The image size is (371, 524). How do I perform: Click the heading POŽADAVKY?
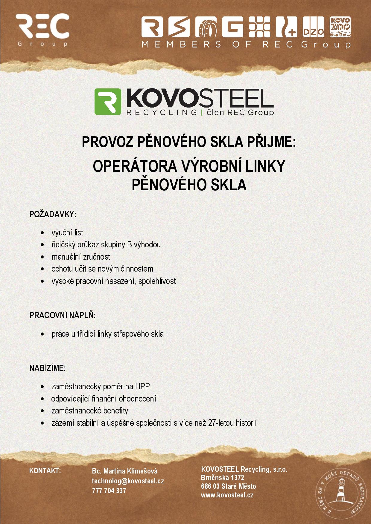[53, 214]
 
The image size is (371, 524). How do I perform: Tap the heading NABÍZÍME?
[47, 368]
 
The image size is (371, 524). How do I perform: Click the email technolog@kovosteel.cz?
[128, 481]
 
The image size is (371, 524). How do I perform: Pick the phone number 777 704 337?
[109, 491]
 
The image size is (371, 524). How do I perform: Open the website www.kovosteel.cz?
[227, 495]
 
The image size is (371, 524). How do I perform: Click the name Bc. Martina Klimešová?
[124, 471]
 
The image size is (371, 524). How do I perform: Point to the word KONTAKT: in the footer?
[45, 471]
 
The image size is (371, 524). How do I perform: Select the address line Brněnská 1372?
[222, 478]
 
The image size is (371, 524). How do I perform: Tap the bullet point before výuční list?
[43, 233]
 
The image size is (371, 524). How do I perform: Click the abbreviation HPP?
[142, 386]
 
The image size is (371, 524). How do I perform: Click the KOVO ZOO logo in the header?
[340, 28]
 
